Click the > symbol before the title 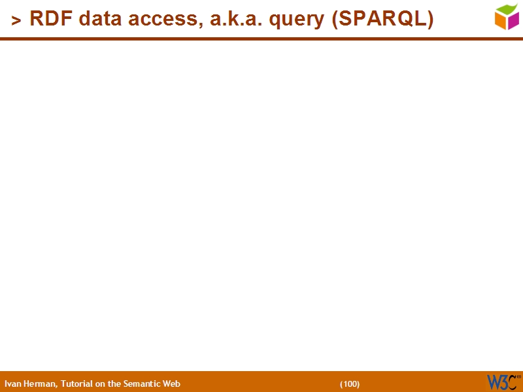(x=16, y=21)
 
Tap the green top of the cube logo (x=507, y=8)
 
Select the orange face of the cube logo (x=501, y=21)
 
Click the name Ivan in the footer (x=12, y=384)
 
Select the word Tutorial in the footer (x=76, y=384)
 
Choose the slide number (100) (x=350, y=384)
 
